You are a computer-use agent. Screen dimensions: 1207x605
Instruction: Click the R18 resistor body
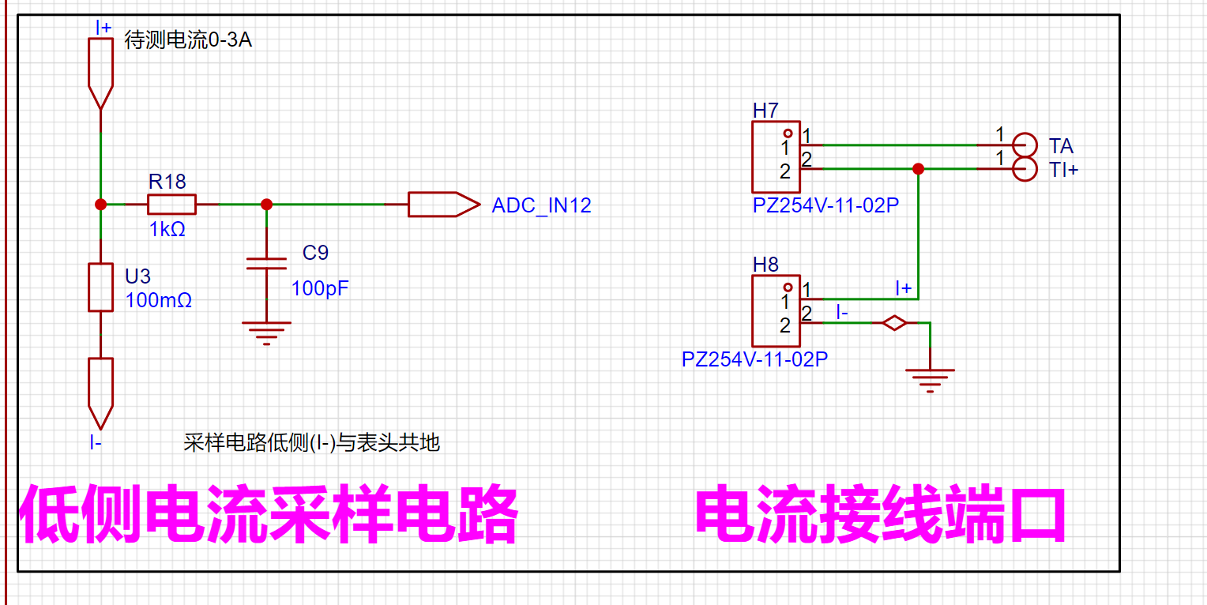tap(171, 205)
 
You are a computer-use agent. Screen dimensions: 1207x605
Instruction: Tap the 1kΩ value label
tap(167, 230)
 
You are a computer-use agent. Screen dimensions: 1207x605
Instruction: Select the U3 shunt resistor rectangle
tap(101, 287)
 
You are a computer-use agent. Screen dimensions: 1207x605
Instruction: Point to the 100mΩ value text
tap(159, 300)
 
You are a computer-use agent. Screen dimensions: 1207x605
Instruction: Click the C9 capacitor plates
tap(266, 264)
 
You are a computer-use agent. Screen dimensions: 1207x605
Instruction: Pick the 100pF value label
tap(320, 288)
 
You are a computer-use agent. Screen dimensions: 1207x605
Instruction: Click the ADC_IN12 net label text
tap(541, 205)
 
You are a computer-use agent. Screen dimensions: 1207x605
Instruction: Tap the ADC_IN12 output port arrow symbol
tap(443, 205)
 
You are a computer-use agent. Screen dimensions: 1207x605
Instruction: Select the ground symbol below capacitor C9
tap(266, 333)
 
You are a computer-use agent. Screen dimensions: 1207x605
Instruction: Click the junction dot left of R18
tap(101, 205)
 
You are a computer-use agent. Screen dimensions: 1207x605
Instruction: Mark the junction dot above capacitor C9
tap(266, 205)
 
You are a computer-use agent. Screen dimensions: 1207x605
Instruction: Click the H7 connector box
tap(776, 156)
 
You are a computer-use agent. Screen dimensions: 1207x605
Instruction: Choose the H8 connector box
tap(776, 311)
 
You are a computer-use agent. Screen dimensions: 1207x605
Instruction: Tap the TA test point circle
tap(1025, 145)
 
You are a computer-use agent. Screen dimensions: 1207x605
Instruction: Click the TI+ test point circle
tap(1025, 169)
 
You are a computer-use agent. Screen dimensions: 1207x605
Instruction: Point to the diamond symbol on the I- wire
tap(894, 323)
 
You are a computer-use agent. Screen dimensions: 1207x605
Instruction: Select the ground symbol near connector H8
tap(930, 381)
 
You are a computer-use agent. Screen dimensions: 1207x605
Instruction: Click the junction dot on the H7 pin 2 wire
tap(918, 169)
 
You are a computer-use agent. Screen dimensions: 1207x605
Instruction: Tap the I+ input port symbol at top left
tap(101, 73)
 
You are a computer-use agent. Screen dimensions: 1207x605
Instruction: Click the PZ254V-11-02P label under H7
tap(825, 205)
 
